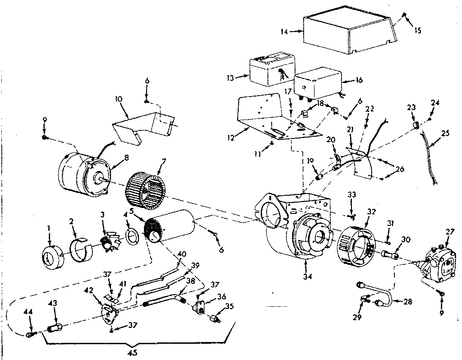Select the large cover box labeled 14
point(347,34)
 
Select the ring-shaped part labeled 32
point(356,244)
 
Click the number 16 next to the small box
point(359,81)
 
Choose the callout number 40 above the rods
point(181,254)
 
